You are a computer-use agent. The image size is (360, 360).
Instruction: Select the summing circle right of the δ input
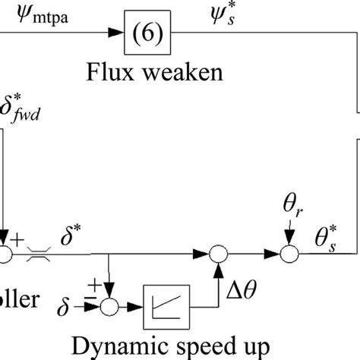tap(111, 305)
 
